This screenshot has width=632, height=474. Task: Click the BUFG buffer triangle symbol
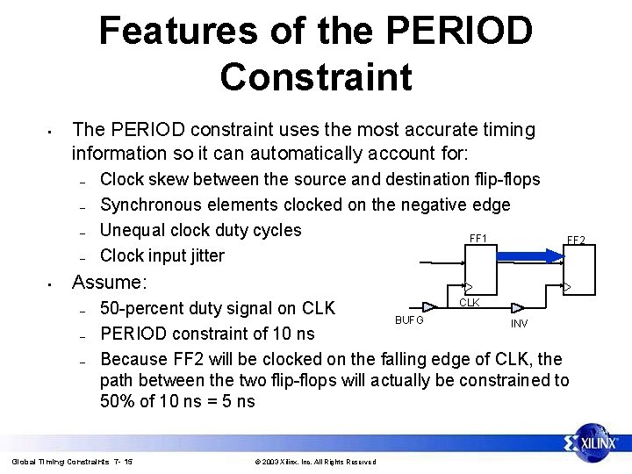tap(429, 306)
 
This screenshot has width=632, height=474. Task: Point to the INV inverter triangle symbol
tap(518, 308)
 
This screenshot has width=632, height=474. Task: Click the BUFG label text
tap(409, 320)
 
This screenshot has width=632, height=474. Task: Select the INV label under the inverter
tap(519, 323)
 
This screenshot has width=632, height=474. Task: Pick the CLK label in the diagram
tap(470, 303)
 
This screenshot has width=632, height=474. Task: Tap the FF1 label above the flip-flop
tap(478, 239)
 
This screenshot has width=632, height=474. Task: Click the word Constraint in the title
tap(316, 76)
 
